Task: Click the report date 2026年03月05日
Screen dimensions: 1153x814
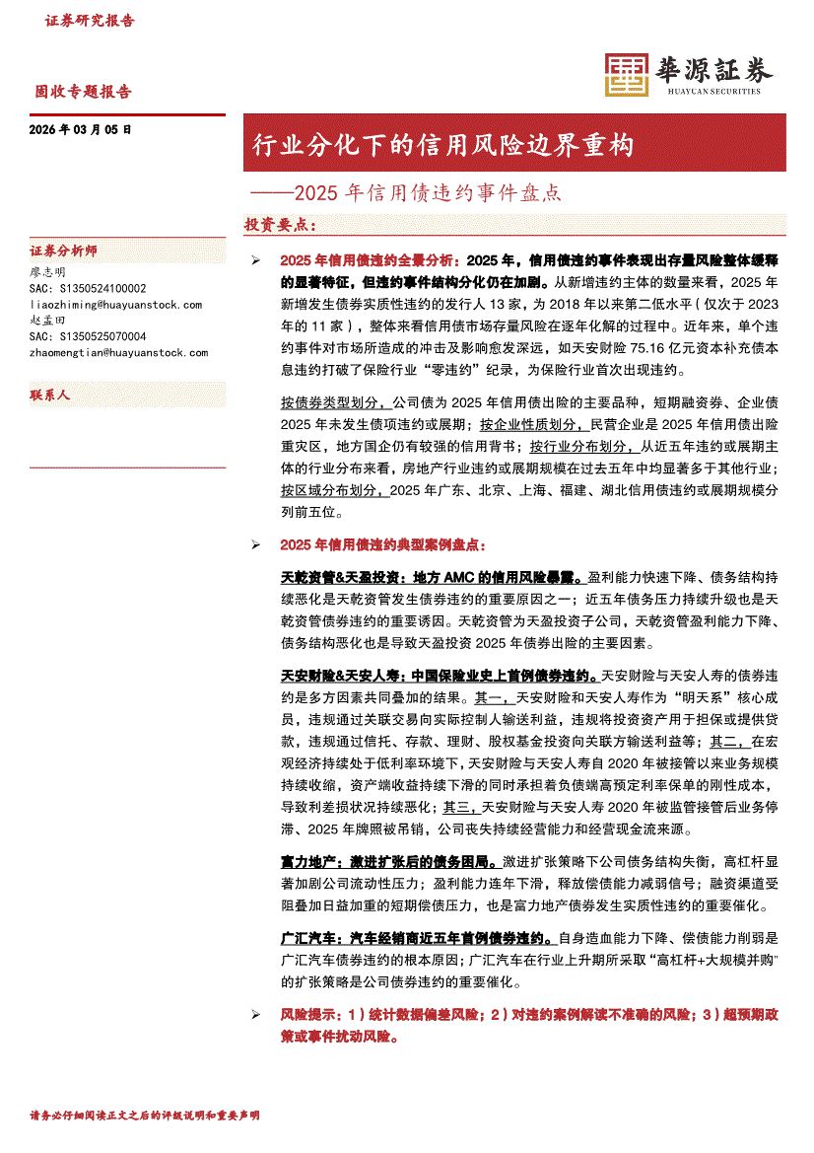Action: click(x=81, y=129)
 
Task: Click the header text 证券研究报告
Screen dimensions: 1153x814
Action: click(x=91, y=21)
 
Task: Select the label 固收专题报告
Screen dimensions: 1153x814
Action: click(x=84, y=92)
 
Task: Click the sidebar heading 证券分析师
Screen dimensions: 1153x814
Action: click(x=64, y=252)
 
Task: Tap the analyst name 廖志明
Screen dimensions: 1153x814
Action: click(x=48, y=271)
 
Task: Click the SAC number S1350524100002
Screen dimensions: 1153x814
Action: click(x=89, y=288)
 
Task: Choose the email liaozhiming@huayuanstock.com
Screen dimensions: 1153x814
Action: click(x=116, y=305)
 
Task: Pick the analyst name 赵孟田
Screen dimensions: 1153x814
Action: click(x=48, y=321)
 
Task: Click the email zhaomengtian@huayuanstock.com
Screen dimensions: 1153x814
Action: click(x=119, y=352)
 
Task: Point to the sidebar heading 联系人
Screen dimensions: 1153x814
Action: click(x=50, y=395)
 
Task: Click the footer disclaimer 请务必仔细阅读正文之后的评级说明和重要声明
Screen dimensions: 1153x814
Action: click(x=145, y=1115)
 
